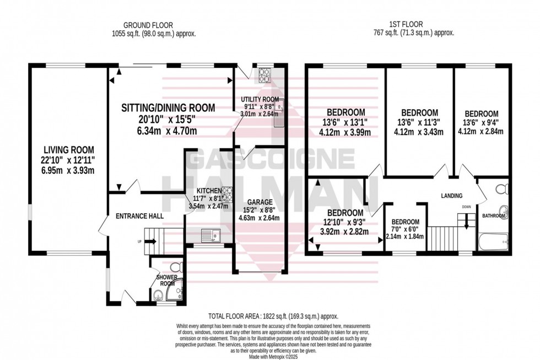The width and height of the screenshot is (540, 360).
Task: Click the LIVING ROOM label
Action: click(69, 149)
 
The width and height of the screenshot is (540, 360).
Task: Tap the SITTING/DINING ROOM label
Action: click(168, 108)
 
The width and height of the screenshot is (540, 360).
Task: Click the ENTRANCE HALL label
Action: click(139, 216)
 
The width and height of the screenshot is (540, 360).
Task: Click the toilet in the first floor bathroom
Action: click(501, 190)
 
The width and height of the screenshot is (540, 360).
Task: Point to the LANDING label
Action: click(451, 196)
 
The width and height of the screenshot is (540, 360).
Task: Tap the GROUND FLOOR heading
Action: click(148, 25)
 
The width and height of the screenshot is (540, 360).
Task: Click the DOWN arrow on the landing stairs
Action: click(467, 219)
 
